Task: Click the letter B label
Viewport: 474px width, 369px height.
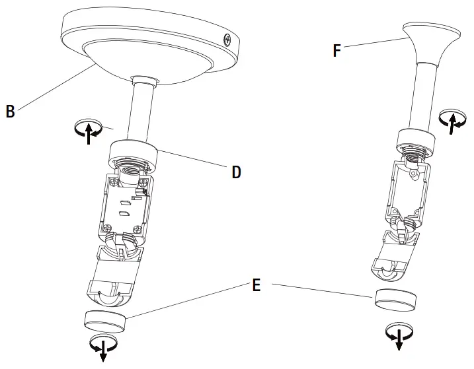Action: click(x=10, y=111)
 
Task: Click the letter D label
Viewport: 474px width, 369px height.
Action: click(x=237, y=172)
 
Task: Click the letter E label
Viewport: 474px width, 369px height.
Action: click(x=257, y=285)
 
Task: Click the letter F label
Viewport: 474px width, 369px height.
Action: click(x=337, y=50)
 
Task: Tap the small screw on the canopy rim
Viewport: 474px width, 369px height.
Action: click(x=228, y=40)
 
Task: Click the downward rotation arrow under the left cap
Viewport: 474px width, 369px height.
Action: click(x=104, y=346)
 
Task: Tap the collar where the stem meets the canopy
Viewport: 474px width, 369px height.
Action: click(x=145, y=80)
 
